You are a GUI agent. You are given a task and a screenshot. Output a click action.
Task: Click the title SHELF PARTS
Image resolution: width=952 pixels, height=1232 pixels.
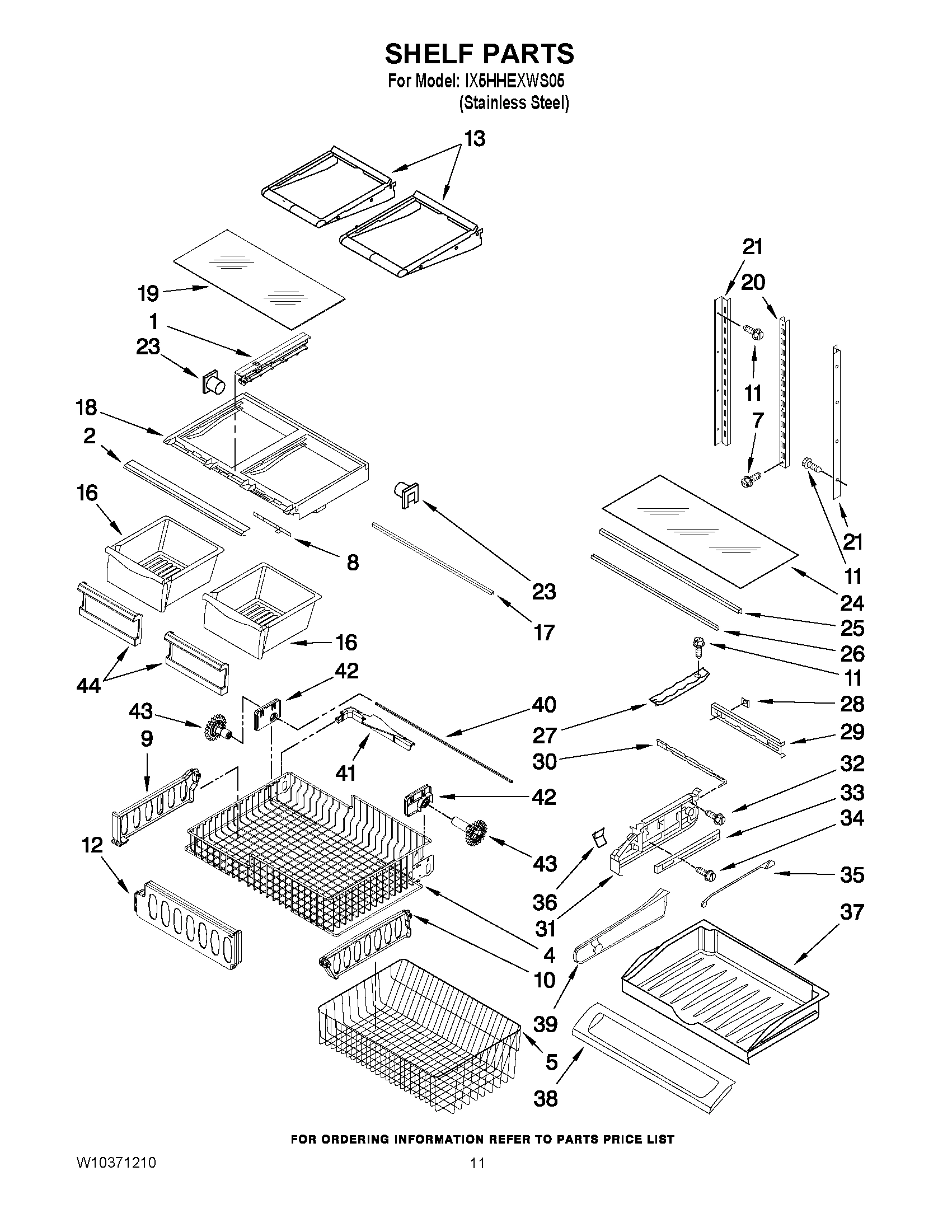point(480,54)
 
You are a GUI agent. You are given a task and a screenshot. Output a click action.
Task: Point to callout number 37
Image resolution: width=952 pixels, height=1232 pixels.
point(852,912)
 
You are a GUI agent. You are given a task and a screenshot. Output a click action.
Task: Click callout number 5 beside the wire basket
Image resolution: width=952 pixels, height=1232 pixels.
point(551,1062)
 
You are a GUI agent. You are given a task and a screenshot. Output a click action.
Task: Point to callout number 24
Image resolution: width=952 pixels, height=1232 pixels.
point(852,603)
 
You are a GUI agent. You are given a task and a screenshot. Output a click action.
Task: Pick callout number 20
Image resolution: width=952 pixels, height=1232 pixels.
point(752,282)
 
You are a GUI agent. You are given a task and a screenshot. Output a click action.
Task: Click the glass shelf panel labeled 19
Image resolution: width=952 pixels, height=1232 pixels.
point(260,280)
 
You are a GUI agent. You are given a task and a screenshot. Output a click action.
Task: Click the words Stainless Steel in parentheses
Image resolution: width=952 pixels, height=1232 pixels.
point(514,104)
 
